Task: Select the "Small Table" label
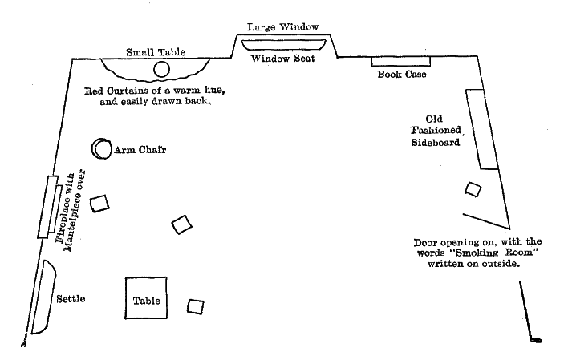pos(156,52)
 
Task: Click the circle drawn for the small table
pos(162,70)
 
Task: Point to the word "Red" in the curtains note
pos(96,91)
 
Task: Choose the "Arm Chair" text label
pos(140,149)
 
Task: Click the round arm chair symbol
pos(101,148)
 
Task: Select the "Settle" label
pos(71,299)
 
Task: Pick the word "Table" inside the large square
pos(146,301)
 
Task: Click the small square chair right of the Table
pos(195,305)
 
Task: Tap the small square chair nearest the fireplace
pos(99,204)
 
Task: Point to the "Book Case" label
pos(403,75)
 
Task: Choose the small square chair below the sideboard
pos(473,190)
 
